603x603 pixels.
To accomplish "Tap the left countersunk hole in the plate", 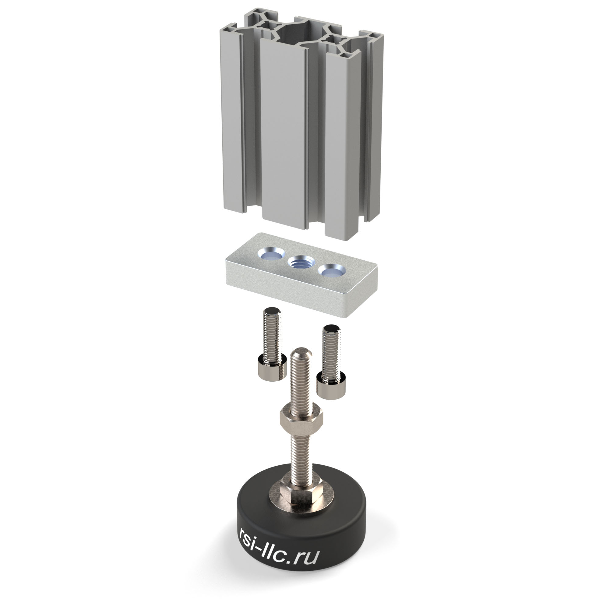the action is pyautogui.click(x=271, y=254).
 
